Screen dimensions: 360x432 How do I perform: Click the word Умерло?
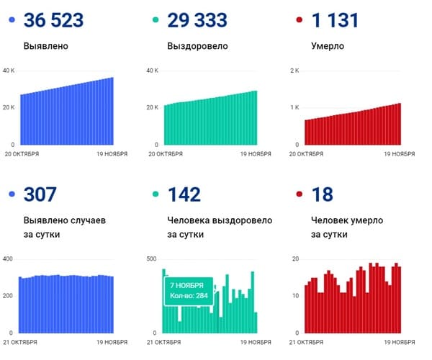pyautogui.click(x=328, y=46)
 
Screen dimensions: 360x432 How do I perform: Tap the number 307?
pyautogui.click(x=40, y=194)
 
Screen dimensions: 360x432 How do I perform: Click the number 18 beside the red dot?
pyautogui.click(x=321, y=194)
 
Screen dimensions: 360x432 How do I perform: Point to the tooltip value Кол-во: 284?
pyautogui.click(x=189, y=296)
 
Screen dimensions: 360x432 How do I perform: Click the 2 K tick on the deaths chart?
pyautogui.click(x=294, y=71)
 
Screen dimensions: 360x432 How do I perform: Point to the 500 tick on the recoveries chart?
pyautogui.click(x=151, y=258)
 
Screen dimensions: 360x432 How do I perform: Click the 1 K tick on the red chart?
pyautogui.click(x=294, y=107)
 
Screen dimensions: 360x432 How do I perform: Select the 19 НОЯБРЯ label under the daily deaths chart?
pyautogui.click(x=397, y=342)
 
